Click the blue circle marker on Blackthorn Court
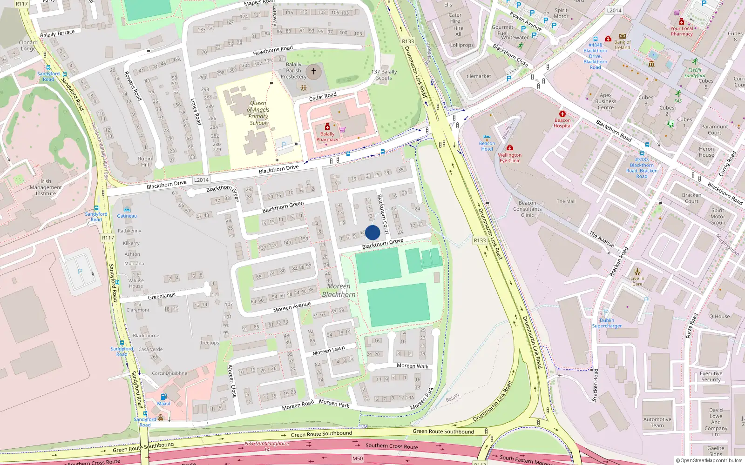[x=372, y=232]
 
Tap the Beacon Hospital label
[x=562, y=123]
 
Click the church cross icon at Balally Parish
[x=314, y=71]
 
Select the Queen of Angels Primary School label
[x=258, y=113]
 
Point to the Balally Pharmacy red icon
[x=327, y=127]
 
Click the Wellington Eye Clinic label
[x=509, y=158]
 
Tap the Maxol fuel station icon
[x=163, y=397]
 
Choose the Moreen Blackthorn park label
[x=339, y=290]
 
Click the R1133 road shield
[x=480, y=240]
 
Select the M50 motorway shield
[x=357, y=458]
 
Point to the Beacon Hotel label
[x=487, y=146]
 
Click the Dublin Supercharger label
[x=607, y=323]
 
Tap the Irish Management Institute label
[x=46, y=187]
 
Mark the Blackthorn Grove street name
[x=383, y=244]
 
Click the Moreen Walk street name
[x=412, y=366]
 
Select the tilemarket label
[x=479, y=76]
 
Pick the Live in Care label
[x=637, y=281]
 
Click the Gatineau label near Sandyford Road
[x=127, y=216]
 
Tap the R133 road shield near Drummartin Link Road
[x=408, y=41]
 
